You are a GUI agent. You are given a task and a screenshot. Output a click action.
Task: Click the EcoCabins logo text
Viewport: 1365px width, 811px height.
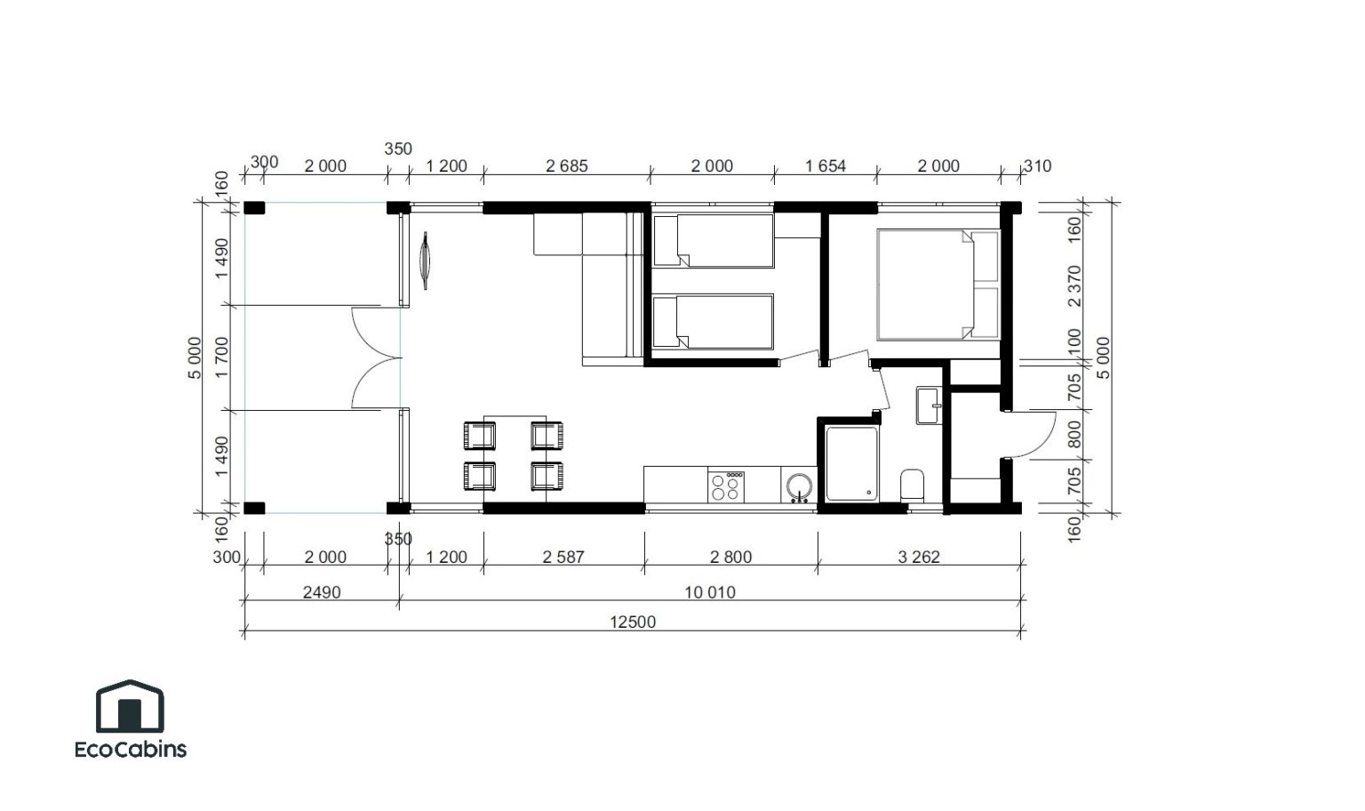click(131, 749)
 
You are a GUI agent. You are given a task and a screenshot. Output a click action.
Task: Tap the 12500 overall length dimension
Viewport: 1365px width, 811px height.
click(633, 622)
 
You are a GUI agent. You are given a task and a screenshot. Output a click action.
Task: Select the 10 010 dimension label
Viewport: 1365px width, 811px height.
click(710, 592)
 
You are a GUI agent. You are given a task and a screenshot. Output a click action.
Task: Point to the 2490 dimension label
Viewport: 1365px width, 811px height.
click(322, 592)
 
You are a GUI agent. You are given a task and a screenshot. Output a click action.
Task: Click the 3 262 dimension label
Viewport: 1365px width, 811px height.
click(919, 557)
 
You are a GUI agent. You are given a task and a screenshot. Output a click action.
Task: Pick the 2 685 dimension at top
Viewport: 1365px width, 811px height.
click(567, 166)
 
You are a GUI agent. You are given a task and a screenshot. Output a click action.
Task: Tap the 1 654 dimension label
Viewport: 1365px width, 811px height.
click(826, 166)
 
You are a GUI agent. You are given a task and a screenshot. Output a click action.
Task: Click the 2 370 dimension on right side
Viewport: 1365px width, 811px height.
click(1074, 286)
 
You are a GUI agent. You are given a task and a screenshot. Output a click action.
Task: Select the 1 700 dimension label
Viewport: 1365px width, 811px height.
click(222, 357)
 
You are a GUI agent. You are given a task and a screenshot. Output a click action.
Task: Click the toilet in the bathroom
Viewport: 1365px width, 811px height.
click(913, 486)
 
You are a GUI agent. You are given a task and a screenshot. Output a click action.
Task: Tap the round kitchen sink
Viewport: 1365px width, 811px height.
click(799, 486)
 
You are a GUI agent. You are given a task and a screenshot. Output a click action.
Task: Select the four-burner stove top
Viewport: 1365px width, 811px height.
click(726, 486)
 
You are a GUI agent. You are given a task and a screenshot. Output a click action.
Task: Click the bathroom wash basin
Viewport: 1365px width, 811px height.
click(929, 405)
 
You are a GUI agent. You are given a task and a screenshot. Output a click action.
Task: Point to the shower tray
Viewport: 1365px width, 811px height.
click(852, 463)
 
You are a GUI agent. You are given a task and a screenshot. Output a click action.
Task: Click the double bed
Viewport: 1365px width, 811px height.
click(938, 285)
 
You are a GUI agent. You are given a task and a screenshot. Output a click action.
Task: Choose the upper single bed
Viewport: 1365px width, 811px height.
click(714, 240)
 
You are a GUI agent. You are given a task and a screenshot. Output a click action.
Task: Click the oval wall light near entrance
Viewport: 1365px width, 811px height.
click(425, 261)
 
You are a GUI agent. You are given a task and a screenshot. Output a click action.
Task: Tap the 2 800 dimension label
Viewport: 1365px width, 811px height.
click(730, 557)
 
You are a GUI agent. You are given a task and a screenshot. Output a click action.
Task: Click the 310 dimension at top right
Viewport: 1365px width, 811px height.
click(1038, 166)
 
